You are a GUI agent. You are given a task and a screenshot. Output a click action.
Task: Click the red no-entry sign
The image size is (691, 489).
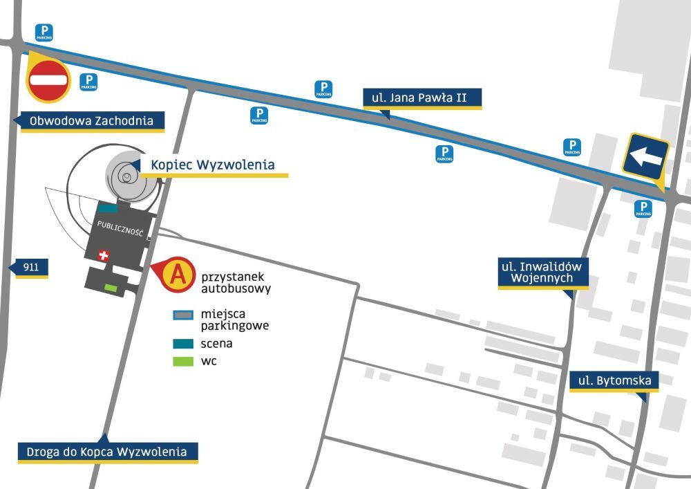point(48,80)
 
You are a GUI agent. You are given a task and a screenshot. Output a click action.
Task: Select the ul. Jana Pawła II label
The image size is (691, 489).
point(422,98)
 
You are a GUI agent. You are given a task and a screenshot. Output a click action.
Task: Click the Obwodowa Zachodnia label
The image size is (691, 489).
point(91,121)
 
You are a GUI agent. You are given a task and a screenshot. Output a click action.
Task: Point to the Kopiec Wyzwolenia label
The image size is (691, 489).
point(213,165)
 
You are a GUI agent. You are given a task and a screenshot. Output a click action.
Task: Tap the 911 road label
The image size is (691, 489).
point(30,267)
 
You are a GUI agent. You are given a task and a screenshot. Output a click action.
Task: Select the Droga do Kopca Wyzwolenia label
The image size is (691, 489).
point(107,452)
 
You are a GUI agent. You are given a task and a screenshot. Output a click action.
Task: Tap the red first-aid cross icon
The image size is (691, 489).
point(104,256)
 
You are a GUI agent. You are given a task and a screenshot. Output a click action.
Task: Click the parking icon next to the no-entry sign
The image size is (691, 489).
point(88,82)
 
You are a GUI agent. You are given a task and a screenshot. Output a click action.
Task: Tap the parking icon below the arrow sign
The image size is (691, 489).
point(643,209)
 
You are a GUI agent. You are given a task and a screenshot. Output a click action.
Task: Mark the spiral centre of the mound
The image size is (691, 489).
point(126,177)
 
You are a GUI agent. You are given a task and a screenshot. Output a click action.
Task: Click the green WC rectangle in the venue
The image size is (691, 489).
point(110,286)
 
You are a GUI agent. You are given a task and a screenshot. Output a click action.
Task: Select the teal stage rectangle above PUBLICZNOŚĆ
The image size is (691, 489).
point(108,207)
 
